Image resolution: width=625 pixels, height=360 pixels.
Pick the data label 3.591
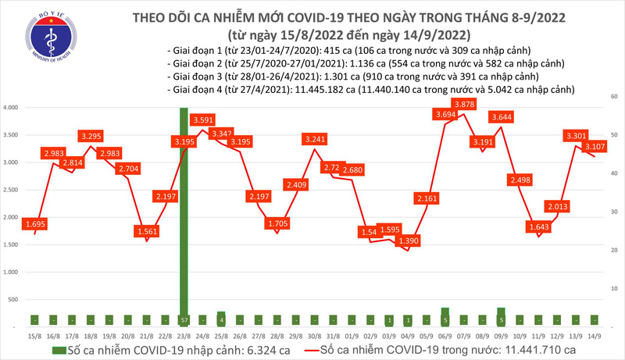coord(204,120)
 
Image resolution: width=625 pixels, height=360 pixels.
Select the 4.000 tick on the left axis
coord(12,108)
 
